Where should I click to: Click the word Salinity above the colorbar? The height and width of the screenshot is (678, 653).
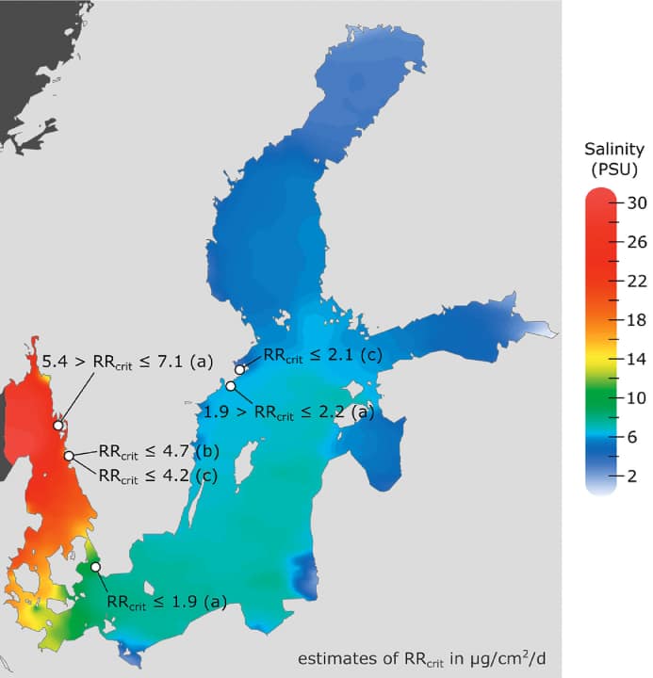pos(613,149)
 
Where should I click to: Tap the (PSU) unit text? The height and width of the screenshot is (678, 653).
pos(613,169)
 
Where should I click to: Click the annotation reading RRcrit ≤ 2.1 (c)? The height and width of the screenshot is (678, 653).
pos(322,354)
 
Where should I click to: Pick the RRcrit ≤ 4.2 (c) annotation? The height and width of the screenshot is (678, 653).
pos(157,476)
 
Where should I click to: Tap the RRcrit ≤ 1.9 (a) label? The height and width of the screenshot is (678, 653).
pos(167,601)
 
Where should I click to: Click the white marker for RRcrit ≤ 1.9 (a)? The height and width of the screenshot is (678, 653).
pos(95,567)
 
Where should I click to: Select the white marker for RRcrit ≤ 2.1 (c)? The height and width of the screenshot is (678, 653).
pos(240,370)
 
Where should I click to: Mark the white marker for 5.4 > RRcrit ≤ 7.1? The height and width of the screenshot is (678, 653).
pos(58,426)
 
